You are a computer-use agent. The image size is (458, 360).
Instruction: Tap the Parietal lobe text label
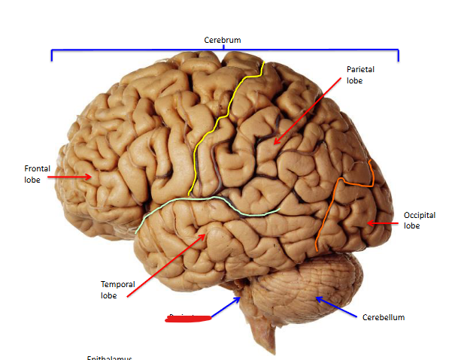pyautogui.click(x=359, y=74)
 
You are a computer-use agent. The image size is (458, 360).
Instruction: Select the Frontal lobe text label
pyautogui.click(x=37, y=174)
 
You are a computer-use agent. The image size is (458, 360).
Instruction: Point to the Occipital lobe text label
pyautogui.click(x=419, y=219)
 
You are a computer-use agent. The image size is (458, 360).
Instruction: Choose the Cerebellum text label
pyautogui.click(x=383, y=317)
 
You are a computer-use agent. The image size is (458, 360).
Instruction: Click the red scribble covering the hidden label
pyautogui.click(x=188, y=319)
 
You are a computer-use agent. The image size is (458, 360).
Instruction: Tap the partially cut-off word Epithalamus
pyautogui.click(x=109, y=358)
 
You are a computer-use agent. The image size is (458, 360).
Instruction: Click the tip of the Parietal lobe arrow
pyautogui.click(x=274, y=144)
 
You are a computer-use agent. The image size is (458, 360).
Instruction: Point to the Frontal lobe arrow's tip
pyautogui.click(x=93, y=177)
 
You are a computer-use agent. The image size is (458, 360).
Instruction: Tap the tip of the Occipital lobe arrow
pyautogui.click(x=366, y=223)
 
